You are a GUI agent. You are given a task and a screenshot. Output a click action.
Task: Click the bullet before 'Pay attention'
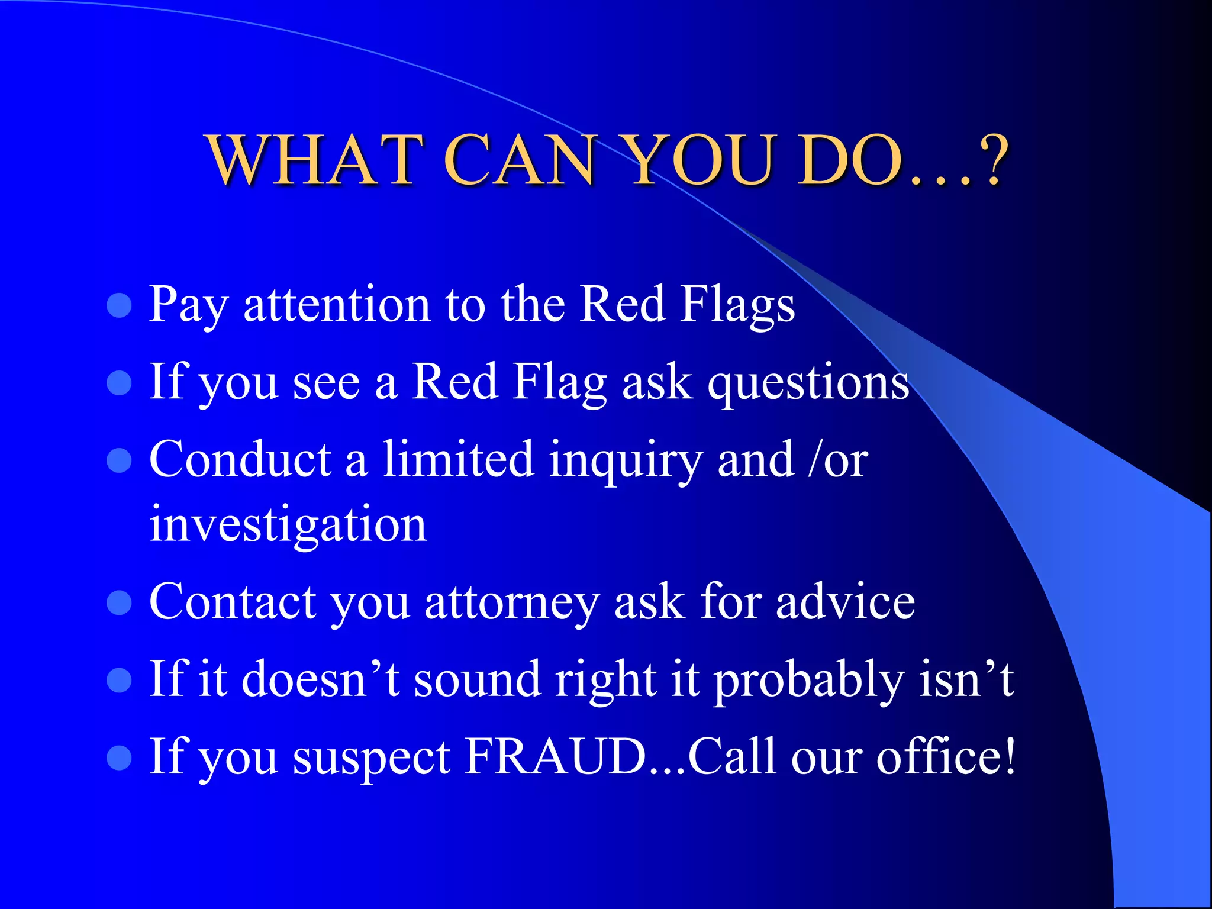pos(119,306)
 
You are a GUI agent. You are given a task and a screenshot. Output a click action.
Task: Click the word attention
pos(337,305)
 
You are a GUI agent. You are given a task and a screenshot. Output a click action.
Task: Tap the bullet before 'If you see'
pos(119,383)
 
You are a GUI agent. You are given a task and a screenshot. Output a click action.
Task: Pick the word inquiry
pos(625,460)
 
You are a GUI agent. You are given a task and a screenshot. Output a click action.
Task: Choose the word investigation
pos(288,524)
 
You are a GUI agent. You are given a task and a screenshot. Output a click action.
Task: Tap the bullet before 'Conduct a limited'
pos(119,460)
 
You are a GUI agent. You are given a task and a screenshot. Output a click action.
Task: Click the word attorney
pos(512,602)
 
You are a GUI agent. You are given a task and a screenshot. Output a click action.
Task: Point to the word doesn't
pos(320,679)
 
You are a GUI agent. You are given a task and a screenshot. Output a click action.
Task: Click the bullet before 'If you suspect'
pos(119,757)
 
